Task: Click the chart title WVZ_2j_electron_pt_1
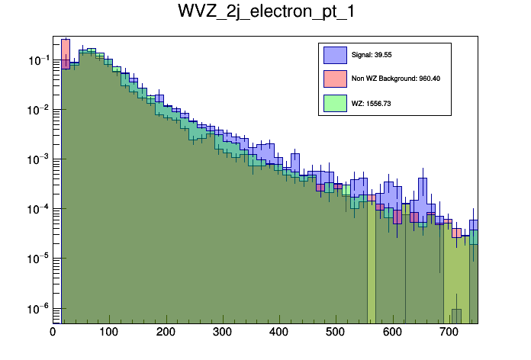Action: tap(265, 13)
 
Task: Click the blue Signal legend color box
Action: tap(336, 55)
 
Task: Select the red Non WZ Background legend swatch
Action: tap(336, 78)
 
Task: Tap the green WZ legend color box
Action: tap(336, 102)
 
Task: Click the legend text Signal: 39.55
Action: tap(372, 55)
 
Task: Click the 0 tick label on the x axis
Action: tap(53, 332)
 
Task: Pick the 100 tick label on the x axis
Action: tap(109, 332)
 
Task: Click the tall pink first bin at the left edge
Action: tap(66, 53)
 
